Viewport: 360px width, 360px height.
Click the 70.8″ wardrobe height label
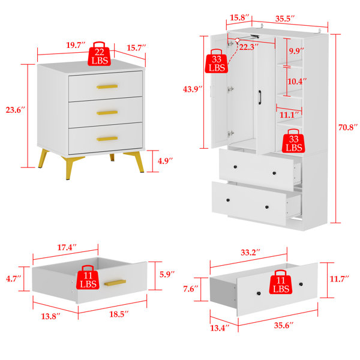pyautogui.click(x=348, y=127)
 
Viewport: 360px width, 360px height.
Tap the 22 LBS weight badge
pyautogui.click(x=100, y=54)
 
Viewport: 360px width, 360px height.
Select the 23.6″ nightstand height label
pyautogui.click(x=15, y=110)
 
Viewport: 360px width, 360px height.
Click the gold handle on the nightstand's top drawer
pyautogui.click(x=107, y=86)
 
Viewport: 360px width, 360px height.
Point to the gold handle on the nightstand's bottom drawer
pyautogui.click(x=107, y=139)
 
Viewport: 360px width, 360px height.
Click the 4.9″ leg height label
pyautogui.click(x=165, y=161)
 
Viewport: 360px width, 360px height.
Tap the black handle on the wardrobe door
pyautogui.click(x=260, y=97)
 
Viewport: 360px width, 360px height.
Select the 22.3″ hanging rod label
pyautogui.click(x=249, y=47)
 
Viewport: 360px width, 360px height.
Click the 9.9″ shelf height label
pyautogui.click(x=296, y=51)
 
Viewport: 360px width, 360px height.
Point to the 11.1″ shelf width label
pyautogui.click(x=289, y=115)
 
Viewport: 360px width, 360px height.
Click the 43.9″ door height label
pyautogui.click(x=193, y=89)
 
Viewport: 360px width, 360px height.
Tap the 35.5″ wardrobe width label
pyautogui.click(x=285, y=19)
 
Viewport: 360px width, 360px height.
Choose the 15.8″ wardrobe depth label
pyautogui.click(x=239, y=17)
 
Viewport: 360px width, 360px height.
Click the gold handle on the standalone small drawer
pyautogui.click(x=115, y=283)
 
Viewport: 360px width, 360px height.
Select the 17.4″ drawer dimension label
pyautogui.click(x=67, y=247)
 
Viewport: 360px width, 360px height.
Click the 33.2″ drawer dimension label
pyautogui.click(x=250, y=253)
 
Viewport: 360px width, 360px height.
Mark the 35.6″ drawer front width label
pyautogui.click(x=284, y=325)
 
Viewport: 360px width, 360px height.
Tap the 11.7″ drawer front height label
pyautogui.click(x=340, y=279)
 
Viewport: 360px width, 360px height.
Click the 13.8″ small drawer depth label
pyautogui.click(x=51, y=316)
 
